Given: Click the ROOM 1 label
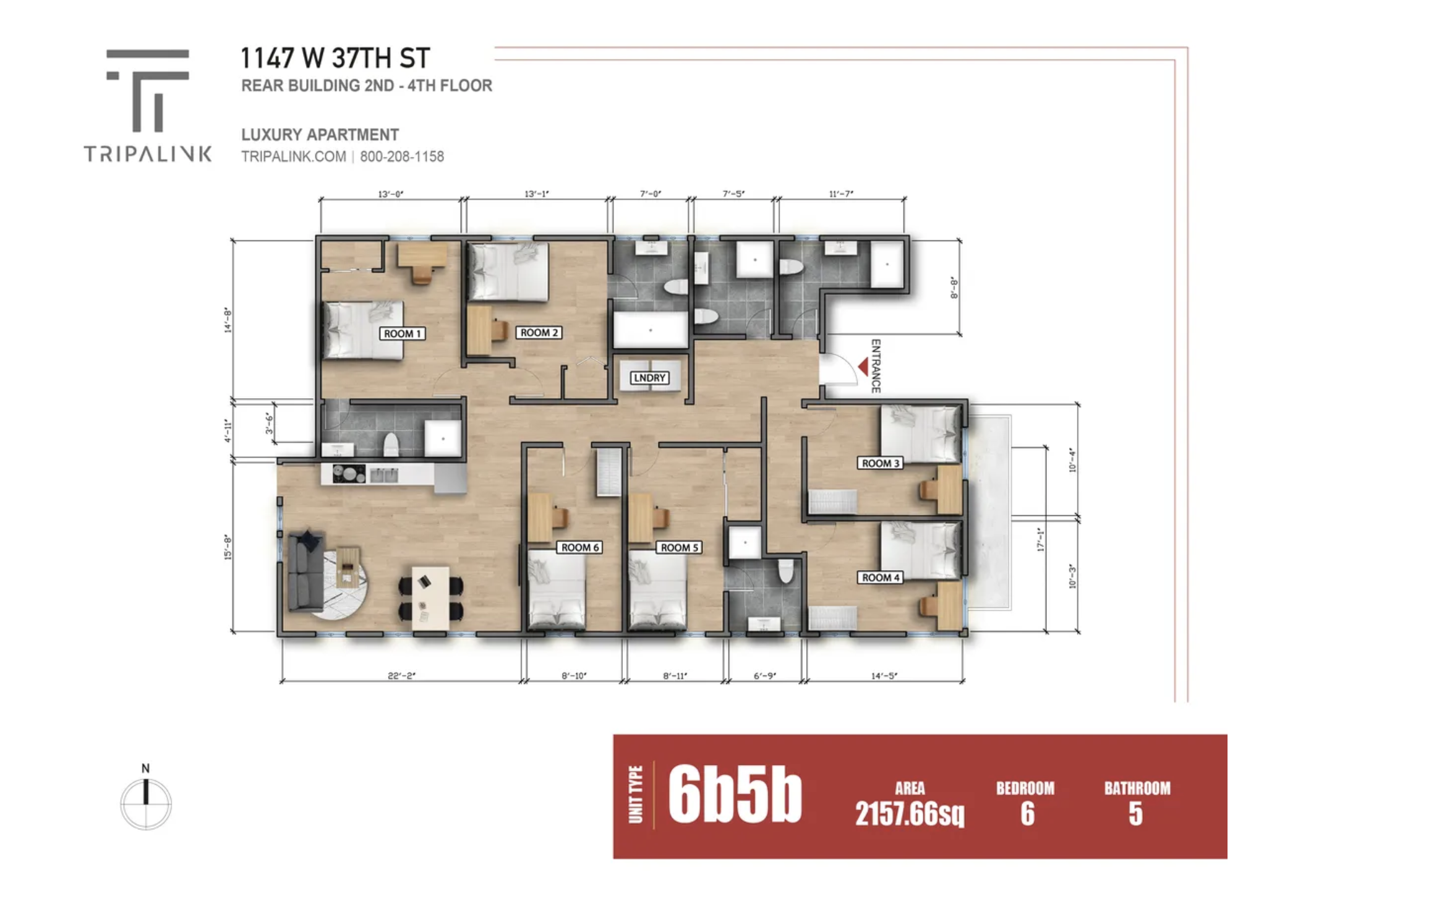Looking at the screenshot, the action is coord(402,334).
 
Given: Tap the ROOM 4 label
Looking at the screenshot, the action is coord(881,578).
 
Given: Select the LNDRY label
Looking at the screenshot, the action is coord(649,378).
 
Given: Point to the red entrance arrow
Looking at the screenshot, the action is coord(863,367).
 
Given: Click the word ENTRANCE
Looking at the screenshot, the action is coord(876,366).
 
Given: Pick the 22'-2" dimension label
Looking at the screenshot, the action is coord(402,676).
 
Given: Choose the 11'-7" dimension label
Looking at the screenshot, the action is coord(841,194).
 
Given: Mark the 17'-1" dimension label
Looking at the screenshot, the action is coord(1040,539).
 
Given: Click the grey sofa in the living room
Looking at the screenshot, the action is coord(304,570).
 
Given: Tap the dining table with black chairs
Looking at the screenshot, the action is coord(431,598).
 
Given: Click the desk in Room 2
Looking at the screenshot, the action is coord(486,330).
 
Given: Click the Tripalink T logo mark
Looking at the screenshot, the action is coord(148,90).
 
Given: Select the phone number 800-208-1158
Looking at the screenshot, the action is coord(402,156).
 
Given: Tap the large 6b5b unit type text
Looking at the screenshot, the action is coord(735,795).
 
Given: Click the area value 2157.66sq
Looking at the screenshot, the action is coord(910,814).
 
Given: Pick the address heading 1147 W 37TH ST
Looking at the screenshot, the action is coord(335,58).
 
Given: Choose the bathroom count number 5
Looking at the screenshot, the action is coord(1135,814).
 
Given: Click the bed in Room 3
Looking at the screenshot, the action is coord(921,434).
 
